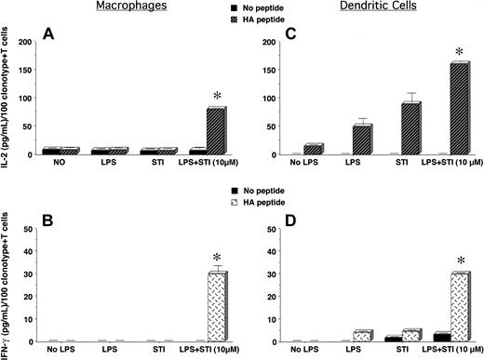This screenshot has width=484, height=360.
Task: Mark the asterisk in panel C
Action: (x=457, y=53)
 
